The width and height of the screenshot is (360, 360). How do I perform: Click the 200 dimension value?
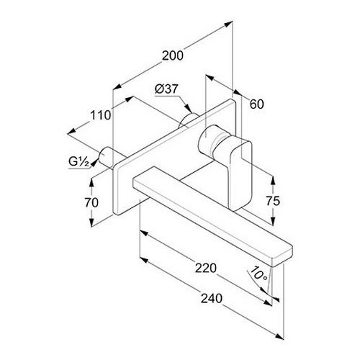tap(173, 55)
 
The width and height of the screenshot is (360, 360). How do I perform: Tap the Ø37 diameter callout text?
tap(166, 89)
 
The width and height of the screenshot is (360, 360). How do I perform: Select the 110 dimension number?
tap(101, 115)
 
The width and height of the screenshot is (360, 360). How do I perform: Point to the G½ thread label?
tap(78, 161)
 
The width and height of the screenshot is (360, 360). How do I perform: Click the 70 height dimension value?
tap(91, 203)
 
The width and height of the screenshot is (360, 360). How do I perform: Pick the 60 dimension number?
tap(256, 104)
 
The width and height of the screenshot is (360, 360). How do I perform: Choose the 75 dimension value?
tap(273, 201)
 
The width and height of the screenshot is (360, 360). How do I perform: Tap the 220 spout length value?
tap(206, 268)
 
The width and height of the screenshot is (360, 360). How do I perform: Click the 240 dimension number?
tap(212, 299)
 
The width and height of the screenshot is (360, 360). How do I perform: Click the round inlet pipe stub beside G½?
tap(105, 157)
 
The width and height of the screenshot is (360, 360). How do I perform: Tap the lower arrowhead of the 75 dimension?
tap(273, 221)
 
